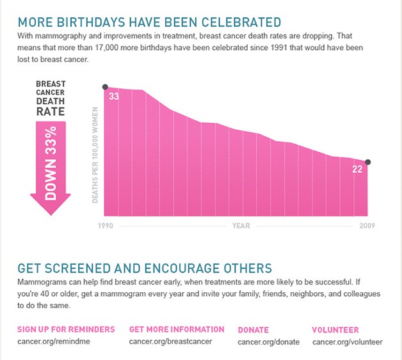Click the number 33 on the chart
click(114, 97)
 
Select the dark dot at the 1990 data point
click(105, 87)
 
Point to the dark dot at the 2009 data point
click(367, 162)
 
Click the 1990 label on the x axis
click(106, 226)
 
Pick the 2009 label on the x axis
click(367, 226)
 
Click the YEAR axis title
click(241, 226)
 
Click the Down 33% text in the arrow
click(51, 163)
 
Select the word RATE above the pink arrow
click(50, 111)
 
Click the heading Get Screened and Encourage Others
click(145, 268)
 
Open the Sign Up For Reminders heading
click(66, 329)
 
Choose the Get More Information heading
click(177, 329)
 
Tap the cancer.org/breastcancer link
click(170, 341)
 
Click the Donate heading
click(253, 330)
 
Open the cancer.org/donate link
click(268, 341)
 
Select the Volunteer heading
click(335, 330)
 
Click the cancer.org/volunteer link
click(348, 341)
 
